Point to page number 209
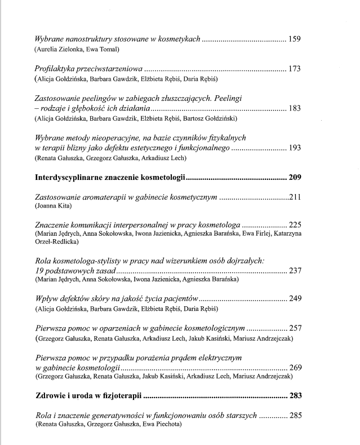[295, 177]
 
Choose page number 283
[295, 395]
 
